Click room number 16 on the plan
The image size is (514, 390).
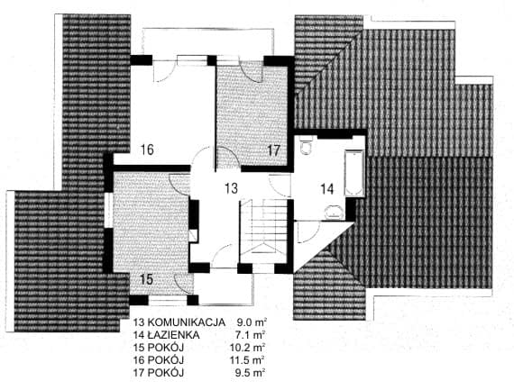click(147, 150)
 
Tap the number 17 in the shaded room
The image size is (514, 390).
click(274, 150)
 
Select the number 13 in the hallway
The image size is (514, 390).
click(232, 188)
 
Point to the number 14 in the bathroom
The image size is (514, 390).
click(327, 189)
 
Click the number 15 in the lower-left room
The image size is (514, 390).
click(146, 279)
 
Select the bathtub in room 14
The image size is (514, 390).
click(354, 174)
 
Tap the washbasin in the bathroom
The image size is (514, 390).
click(334, 212)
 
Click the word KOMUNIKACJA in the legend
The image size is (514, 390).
click(187, 322)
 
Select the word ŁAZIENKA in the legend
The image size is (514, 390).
click(173, 335)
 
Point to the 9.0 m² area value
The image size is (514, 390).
click(251, 322)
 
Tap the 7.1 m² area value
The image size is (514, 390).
click(251, 335)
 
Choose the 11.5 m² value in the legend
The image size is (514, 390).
click(248, 360)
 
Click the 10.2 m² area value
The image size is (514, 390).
click(248, 348)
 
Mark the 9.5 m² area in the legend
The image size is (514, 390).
click(251, 373)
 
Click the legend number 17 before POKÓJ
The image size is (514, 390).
click(139, 373)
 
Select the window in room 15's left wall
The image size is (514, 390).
click(108, 211)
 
